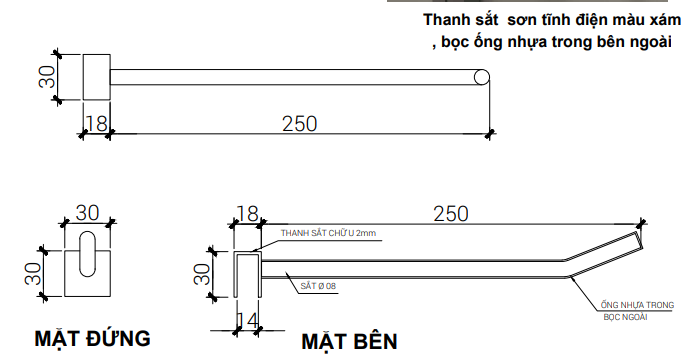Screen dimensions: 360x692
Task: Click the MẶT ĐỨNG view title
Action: pyautogui.click(x=93, y=336)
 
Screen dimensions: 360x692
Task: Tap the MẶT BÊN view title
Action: pyautogui.click(x=350, y=340)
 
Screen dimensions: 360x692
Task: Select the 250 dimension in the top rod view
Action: pyautogui.click(x=299, y=123)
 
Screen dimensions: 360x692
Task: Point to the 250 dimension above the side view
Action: pyautogui.click(x=451, y=213)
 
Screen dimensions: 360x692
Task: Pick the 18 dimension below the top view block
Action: pyautogui.click(x=96, y=123)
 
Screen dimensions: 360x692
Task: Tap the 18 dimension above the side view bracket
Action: pyautogui.click(x=246, y=213)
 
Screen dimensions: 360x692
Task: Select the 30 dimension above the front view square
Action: pyautogui.click(x=88, y=212)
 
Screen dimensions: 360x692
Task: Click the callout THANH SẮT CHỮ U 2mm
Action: pyautogui.click(x=328, y=233)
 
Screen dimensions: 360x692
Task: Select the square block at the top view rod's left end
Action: pyautogui.click(x=96, y=77)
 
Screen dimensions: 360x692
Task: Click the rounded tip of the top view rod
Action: pyautogui.click(x=482, y=77)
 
